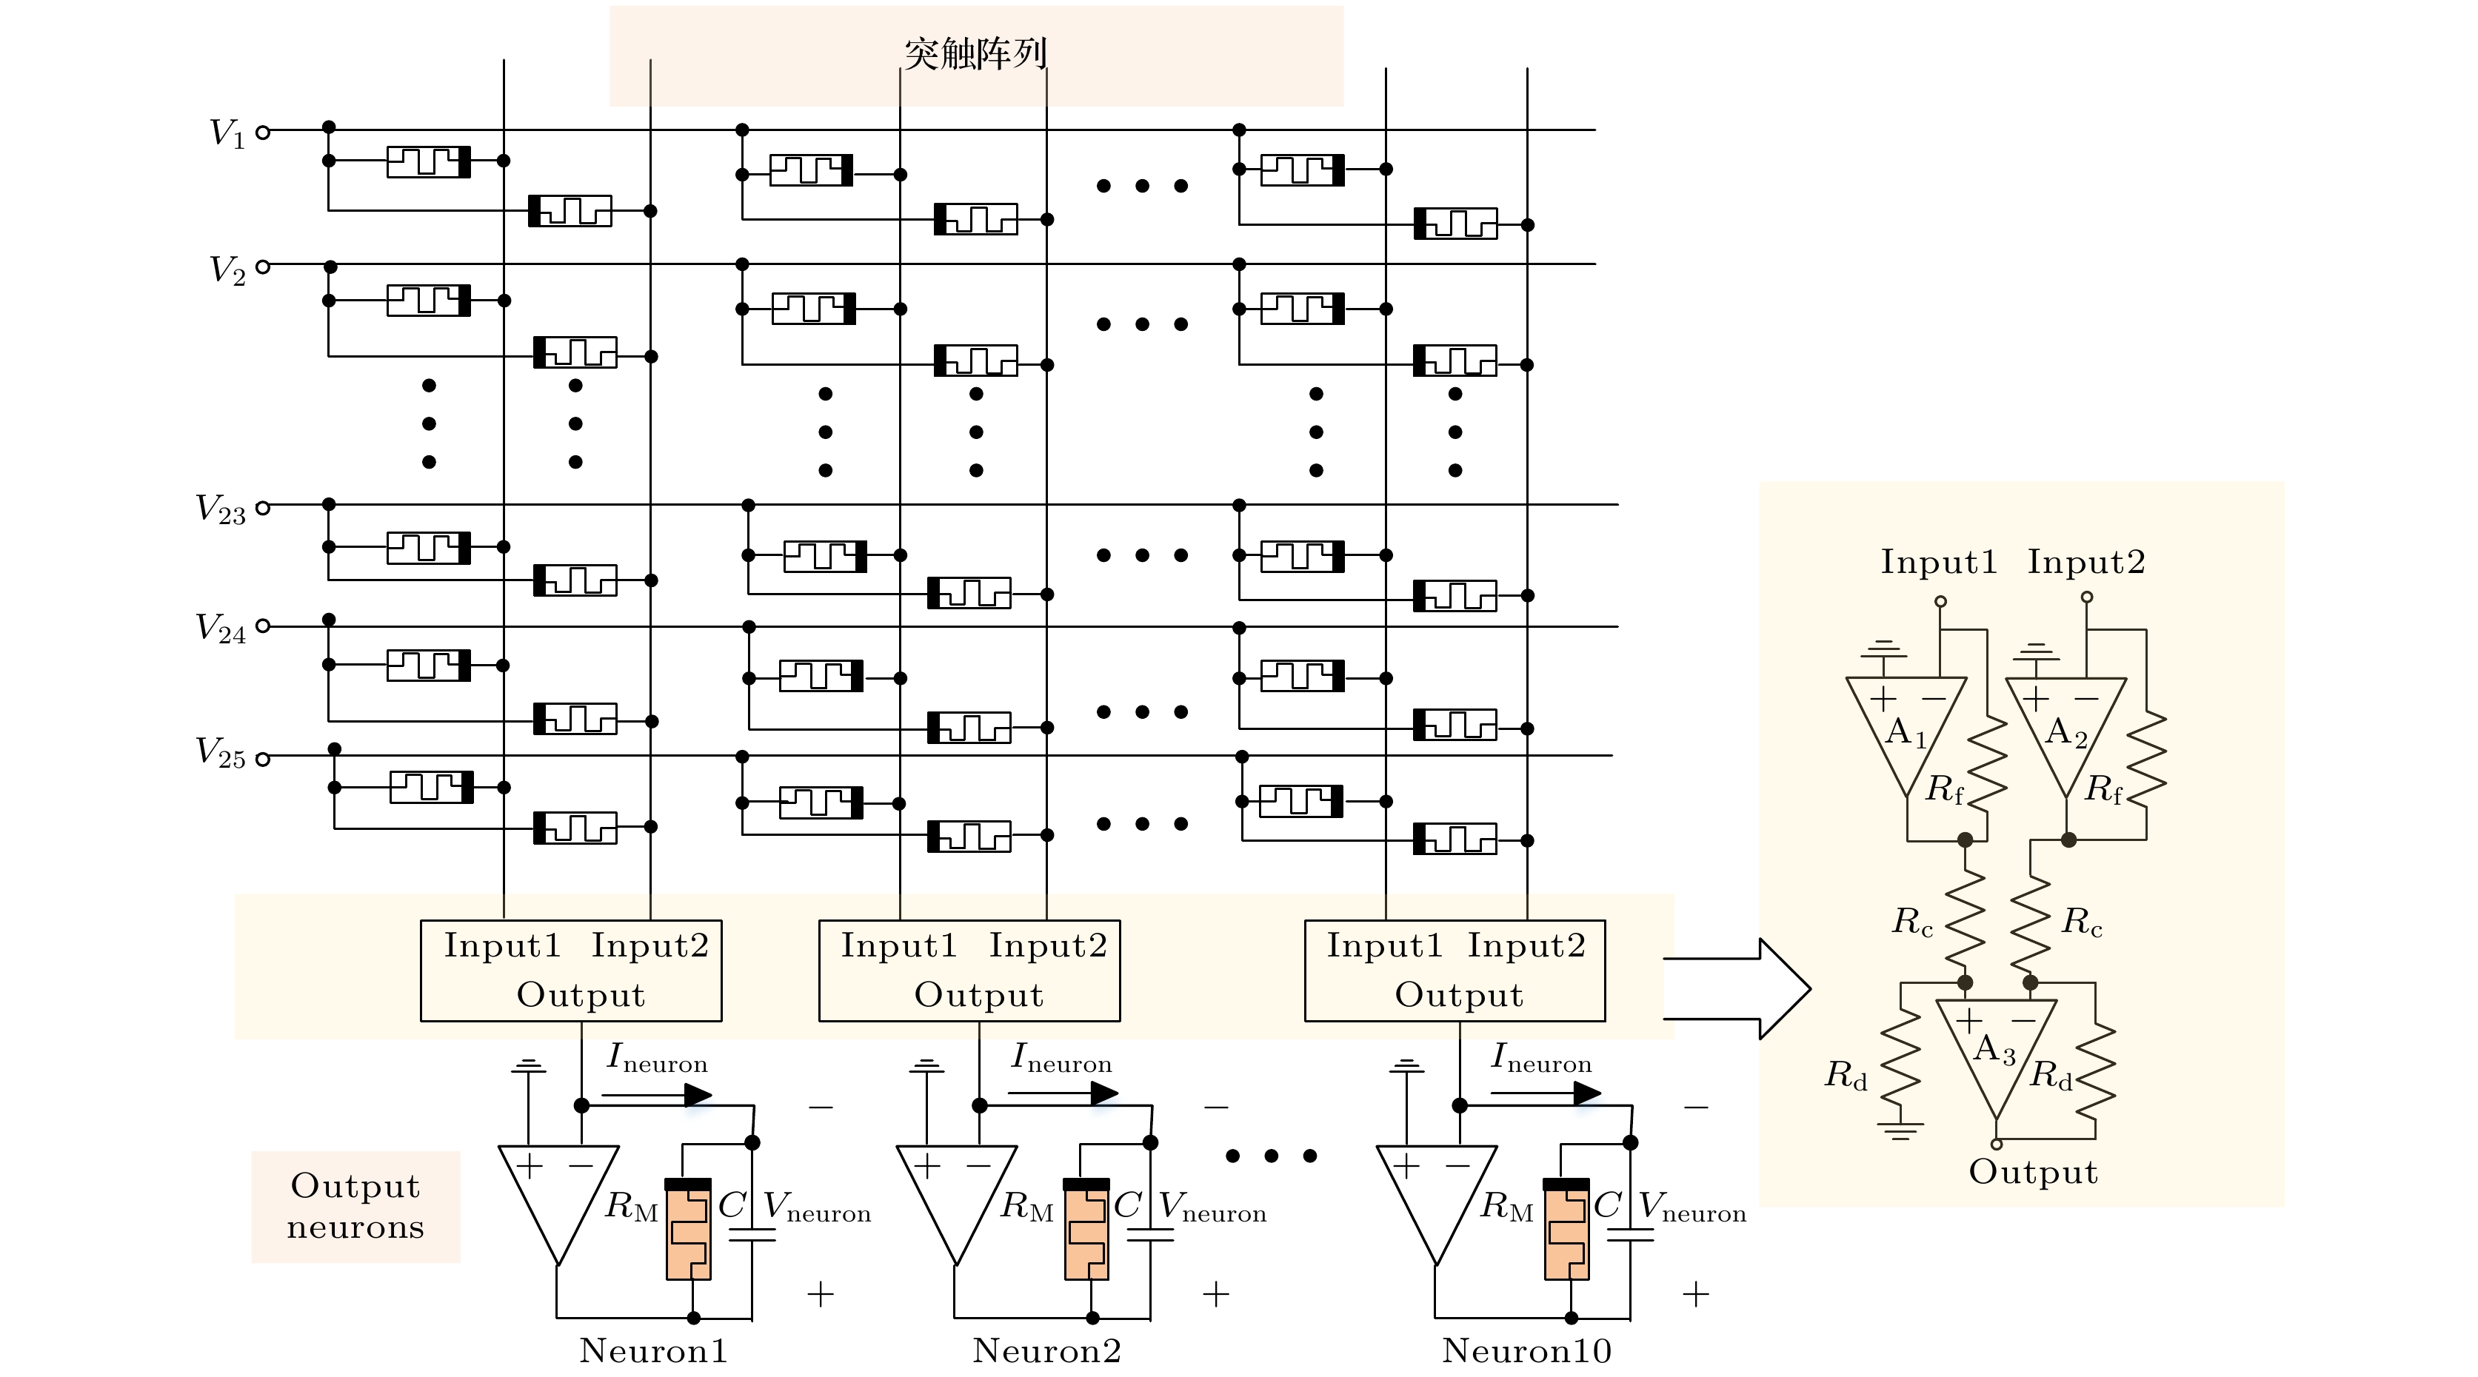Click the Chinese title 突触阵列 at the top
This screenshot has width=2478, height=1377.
[x=975, y=54]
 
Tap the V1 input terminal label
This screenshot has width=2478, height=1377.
[x=228, y=133]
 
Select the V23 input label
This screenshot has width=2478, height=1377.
[x=220, y=509]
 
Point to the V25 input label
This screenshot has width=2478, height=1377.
[x=220, y=752]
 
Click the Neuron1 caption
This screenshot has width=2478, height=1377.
[x=653, y=1351]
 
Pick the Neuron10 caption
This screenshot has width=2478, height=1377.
[x=1526, y=1351]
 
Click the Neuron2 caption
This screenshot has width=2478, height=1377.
[x=1046, y=1351]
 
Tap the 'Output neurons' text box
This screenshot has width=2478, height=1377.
[x=356, y=1207]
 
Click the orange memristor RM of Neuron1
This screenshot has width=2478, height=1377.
[x=689, y=1230]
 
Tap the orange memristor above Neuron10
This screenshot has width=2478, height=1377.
[x=1566, y=1230]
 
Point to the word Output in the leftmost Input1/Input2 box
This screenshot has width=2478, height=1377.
[x=581, y=995]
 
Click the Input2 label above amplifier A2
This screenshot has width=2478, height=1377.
[x=2086, y=563]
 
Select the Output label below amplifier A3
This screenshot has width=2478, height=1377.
[x=2033, y=1172]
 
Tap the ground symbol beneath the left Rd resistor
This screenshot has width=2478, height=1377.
[x=1899, y=1130]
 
